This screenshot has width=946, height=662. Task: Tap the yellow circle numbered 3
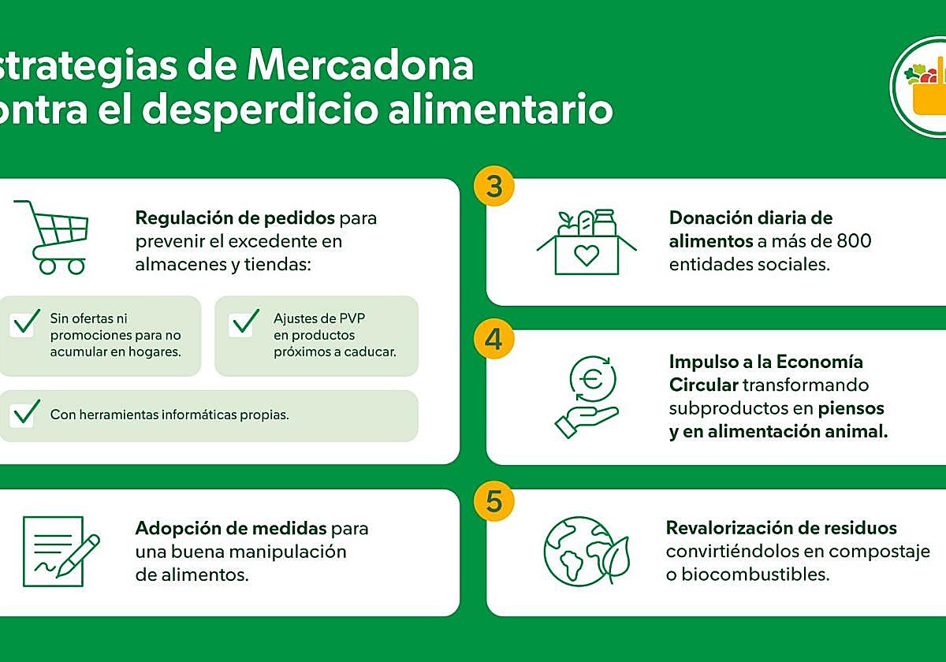(x=494, y=187)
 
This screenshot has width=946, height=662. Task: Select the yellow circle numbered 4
(x=494, y=339)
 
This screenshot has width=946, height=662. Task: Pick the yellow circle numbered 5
(x=494, y=502)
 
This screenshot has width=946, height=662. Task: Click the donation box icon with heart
(x=586, y=242)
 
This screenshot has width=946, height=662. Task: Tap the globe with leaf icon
(x=587, y=550)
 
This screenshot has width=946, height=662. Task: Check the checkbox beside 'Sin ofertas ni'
(x=24, y=323)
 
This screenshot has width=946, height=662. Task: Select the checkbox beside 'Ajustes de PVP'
(x=244, y=323)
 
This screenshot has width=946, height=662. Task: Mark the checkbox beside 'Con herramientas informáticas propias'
(x=24, y=414)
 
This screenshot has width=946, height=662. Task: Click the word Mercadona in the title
(x=360, y=66)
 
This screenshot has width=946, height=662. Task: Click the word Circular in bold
(x=704, y=385)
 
